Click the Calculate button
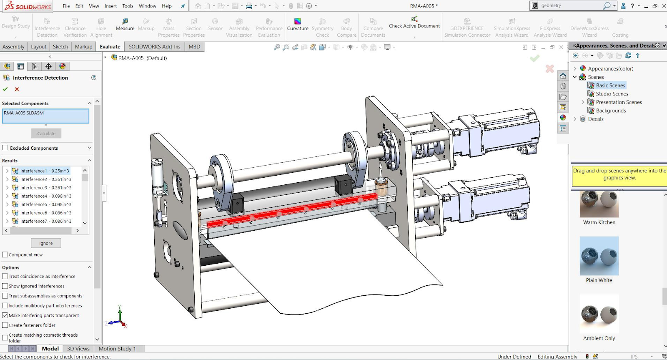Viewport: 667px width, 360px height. pos(46,133)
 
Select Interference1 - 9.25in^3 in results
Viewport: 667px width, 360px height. pos(44,171)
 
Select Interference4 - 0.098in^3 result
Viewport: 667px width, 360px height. pos(45,196)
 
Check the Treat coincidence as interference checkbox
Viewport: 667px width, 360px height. pos(5,276)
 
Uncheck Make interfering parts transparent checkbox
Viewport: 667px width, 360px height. pos(5,315)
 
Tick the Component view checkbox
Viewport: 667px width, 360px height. pos(5,254)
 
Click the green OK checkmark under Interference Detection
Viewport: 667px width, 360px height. pos(5,89)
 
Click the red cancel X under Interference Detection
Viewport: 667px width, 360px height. pos(17,89)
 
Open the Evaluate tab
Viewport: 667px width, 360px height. pos(110,47)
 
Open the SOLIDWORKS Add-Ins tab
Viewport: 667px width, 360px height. pos(154,47)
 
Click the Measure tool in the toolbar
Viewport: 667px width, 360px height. pos(125,24)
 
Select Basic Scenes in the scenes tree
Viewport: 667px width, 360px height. pos(610,85)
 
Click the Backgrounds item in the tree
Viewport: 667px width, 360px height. pos(611,111)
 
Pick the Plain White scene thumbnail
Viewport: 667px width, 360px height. pos(599,256)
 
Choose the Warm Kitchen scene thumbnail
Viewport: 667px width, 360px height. pos(599,204)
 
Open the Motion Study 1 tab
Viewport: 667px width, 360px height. pos(117,349)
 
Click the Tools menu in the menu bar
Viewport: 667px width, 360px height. pos(128,6)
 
